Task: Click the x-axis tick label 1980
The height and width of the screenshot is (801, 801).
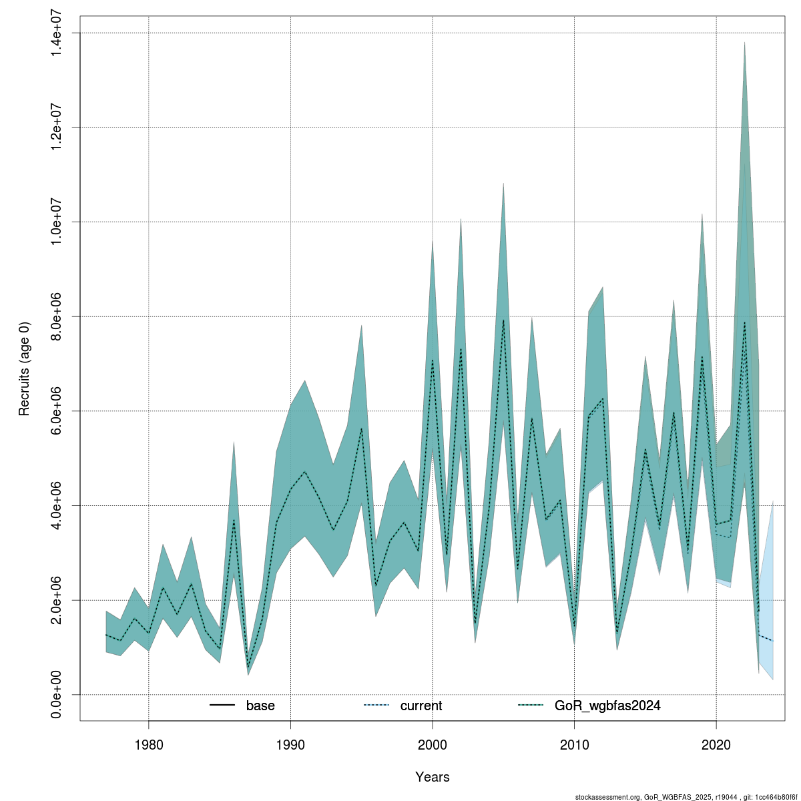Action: (x=148, y=743)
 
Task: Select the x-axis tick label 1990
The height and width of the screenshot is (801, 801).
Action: (x=290, y=743)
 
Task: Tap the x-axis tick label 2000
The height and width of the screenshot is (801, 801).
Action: (x=433, y=743)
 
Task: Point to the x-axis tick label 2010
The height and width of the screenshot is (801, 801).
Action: (x=574, y=743)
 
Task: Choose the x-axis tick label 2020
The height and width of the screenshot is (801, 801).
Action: (x=716, y=743)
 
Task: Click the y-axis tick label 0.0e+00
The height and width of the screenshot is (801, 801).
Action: (x=57, y=695)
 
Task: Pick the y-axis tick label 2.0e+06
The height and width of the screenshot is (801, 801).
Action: (x=57, y=600)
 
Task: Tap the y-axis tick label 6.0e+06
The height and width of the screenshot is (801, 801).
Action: (x=57, y=411)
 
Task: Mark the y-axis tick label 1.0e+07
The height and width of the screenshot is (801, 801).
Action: (x=57, y=222)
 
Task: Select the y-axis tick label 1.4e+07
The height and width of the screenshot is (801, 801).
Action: (x=57, y=33)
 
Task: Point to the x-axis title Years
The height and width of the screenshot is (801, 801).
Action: (x=433, y=777)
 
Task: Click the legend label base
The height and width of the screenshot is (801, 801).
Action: (x=260, y=706)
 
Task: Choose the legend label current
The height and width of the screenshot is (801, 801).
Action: (x=421, y=706)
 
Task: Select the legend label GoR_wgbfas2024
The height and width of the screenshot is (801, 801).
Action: (x=607, y=706)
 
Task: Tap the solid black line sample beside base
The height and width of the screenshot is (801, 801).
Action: (x=222, y=706)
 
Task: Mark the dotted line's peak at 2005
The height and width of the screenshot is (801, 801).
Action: (x=503, y=320)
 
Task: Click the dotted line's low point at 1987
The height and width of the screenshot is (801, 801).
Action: (x=248, y=667)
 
